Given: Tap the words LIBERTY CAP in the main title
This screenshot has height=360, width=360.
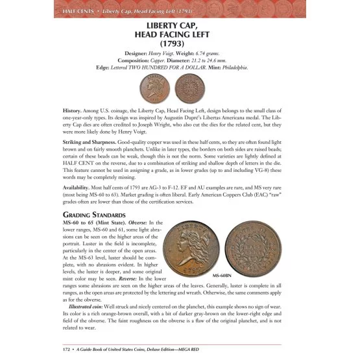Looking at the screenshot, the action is (180, 25).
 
